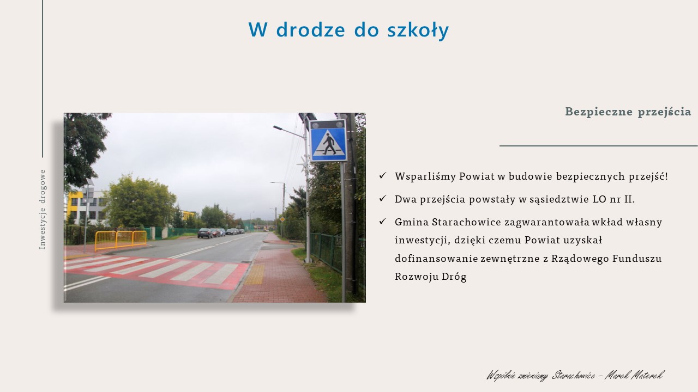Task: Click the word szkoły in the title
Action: [418, 30]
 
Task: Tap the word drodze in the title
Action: [311, 29]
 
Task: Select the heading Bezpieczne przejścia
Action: [628, 112]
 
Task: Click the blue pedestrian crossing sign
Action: [328, 140]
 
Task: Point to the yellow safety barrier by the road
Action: [121, 240]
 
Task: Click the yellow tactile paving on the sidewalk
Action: [255, 274]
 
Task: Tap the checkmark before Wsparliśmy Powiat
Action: [383, 175]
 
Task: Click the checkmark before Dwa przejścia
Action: [383, 198]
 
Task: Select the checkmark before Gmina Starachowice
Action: [383, 221]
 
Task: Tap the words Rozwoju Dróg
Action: [431, 277]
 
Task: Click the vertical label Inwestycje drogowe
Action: [42, 210]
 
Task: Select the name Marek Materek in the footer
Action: [634, 376]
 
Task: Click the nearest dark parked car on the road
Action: [205, 233]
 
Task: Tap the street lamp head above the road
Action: [278, 128]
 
